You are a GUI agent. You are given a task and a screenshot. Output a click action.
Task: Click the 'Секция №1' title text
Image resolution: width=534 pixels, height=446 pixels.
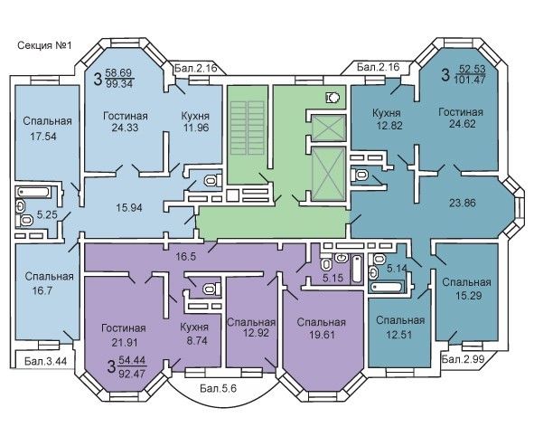click(44, 45)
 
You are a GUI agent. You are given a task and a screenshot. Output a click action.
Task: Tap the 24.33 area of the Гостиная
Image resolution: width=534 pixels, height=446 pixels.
click(125, 128)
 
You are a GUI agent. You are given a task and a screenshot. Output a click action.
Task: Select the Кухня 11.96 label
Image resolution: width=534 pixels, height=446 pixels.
click(195, 122)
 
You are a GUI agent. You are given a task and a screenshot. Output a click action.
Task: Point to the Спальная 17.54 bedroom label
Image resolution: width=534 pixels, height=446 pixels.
click(47, 128)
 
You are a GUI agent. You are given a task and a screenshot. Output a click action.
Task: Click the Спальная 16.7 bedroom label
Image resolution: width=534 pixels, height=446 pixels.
click(49, 283)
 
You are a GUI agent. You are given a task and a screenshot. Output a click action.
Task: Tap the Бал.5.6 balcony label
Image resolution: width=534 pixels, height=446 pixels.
click(218, 388)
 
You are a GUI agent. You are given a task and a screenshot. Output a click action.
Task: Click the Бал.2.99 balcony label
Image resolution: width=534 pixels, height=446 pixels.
click(463, 359)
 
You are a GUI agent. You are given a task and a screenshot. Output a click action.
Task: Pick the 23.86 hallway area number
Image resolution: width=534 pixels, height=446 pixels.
click(462, 203)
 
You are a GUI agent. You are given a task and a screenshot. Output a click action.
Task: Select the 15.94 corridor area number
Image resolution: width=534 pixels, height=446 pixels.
click(129, 207)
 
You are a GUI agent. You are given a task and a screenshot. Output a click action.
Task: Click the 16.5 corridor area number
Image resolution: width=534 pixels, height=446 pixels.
click(185, 256)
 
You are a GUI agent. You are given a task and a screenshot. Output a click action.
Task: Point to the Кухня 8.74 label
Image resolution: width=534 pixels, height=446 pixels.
click(194, 334)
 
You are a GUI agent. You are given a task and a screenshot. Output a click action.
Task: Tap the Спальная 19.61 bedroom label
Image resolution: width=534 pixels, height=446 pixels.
click(321, 328)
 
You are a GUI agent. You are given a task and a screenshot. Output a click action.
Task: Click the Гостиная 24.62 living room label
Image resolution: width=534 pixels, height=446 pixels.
click(461, 118)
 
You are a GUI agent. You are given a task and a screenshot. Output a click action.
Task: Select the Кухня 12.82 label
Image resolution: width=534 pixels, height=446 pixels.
click(387, 119)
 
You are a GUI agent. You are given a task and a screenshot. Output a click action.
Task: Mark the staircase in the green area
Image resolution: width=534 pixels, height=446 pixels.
click(248, 128)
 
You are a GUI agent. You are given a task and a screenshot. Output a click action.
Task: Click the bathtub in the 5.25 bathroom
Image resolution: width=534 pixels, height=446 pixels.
click(33, 192)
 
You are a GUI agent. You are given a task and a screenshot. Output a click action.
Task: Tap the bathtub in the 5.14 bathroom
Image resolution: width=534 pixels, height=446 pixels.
click(387, 287)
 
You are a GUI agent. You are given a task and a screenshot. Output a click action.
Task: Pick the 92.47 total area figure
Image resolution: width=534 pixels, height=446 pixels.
click(132, 374)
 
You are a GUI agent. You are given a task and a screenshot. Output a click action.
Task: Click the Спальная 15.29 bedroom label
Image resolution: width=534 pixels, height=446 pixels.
click(467, 289)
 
